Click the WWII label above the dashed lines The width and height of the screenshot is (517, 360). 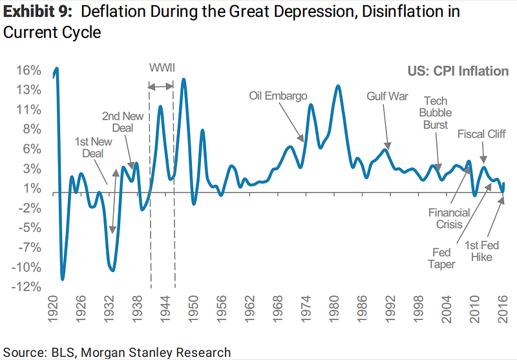point(162,68)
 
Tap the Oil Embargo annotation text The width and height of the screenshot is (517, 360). point(278,96)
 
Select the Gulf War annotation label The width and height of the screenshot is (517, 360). point(388,96)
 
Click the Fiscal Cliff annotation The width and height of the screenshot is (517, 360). point(481,134)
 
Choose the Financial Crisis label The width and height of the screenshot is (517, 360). point(446,218)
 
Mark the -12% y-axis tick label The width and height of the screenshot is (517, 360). point(30,287)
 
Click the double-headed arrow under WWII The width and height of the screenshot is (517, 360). point(161,86)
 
